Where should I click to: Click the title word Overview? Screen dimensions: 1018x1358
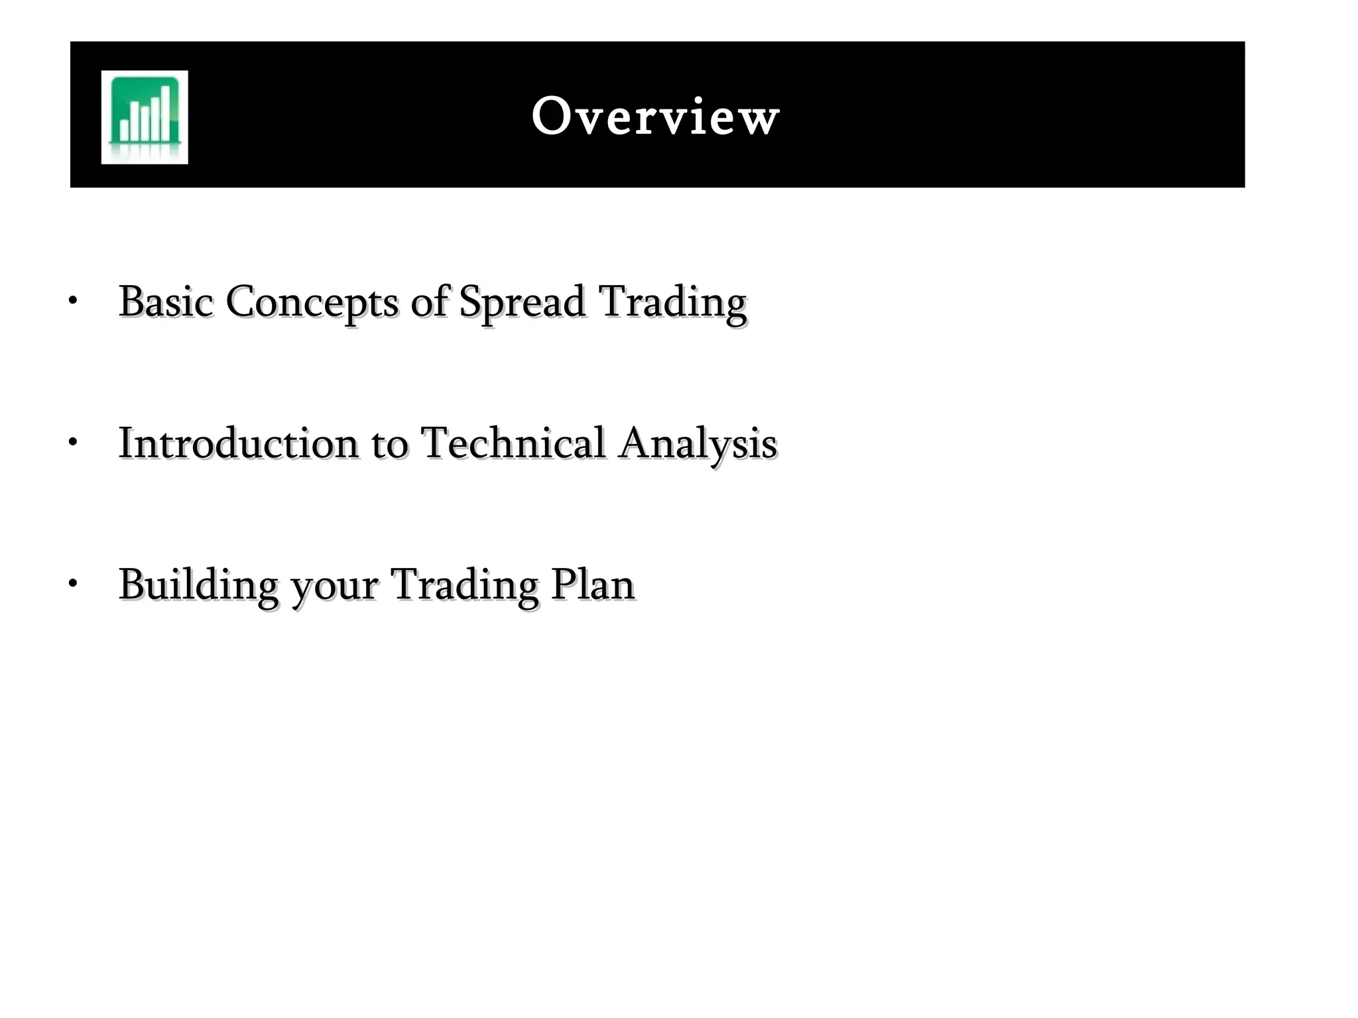coord(655,117)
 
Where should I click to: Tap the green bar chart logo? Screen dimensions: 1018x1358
coord(145,117)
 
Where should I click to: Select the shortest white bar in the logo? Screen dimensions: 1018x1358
coord(124,130)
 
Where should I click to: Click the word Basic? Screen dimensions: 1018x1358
coord(166,302)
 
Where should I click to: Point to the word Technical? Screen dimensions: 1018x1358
coord(513,443)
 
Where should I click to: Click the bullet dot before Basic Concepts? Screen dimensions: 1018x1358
coord(73,301)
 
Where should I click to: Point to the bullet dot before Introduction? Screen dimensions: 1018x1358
coord(73,442)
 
